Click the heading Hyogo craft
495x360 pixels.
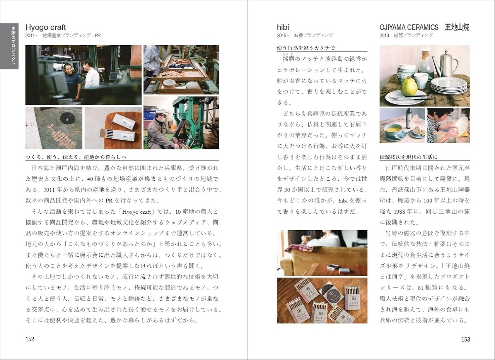46,27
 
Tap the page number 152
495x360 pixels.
30,339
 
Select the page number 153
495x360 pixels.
466,339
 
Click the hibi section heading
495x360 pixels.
283,27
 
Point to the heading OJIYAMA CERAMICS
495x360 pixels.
409,27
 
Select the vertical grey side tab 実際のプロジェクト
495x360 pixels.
9,46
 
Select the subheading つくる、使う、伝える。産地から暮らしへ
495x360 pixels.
76,157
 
